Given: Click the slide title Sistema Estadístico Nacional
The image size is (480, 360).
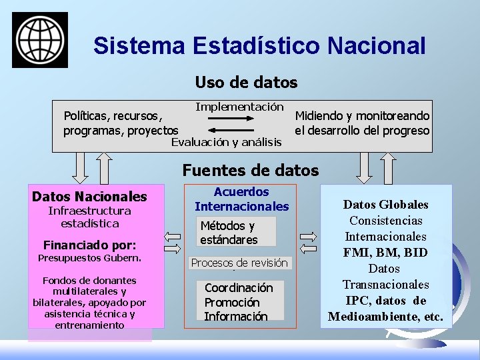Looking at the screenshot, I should click(259, 45).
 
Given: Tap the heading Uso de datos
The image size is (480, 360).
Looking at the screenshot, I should click(246, 83).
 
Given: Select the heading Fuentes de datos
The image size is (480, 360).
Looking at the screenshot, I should click(251, 170).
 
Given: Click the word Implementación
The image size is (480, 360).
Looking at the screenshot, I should click(239, 107).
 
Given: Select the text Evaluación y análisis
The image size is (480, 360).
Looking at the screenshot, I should click(227, 142).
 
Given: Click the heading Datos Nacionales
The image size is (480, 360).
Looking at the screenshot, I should click(89, 197).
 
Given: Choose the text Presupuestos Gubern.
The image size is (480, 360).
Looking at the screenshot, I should click(89, 258).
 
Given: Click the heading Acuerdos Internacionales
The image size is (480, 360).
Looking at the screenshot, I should click(242, 199).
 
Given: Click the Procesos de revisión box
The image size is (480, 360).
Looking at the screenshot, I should click(239, 263).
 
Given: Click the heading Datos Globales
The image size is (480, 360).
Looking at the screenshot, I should click(385, 205).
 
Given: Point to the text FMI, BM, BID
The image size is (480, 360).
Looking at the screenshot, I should click(385, 253).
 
